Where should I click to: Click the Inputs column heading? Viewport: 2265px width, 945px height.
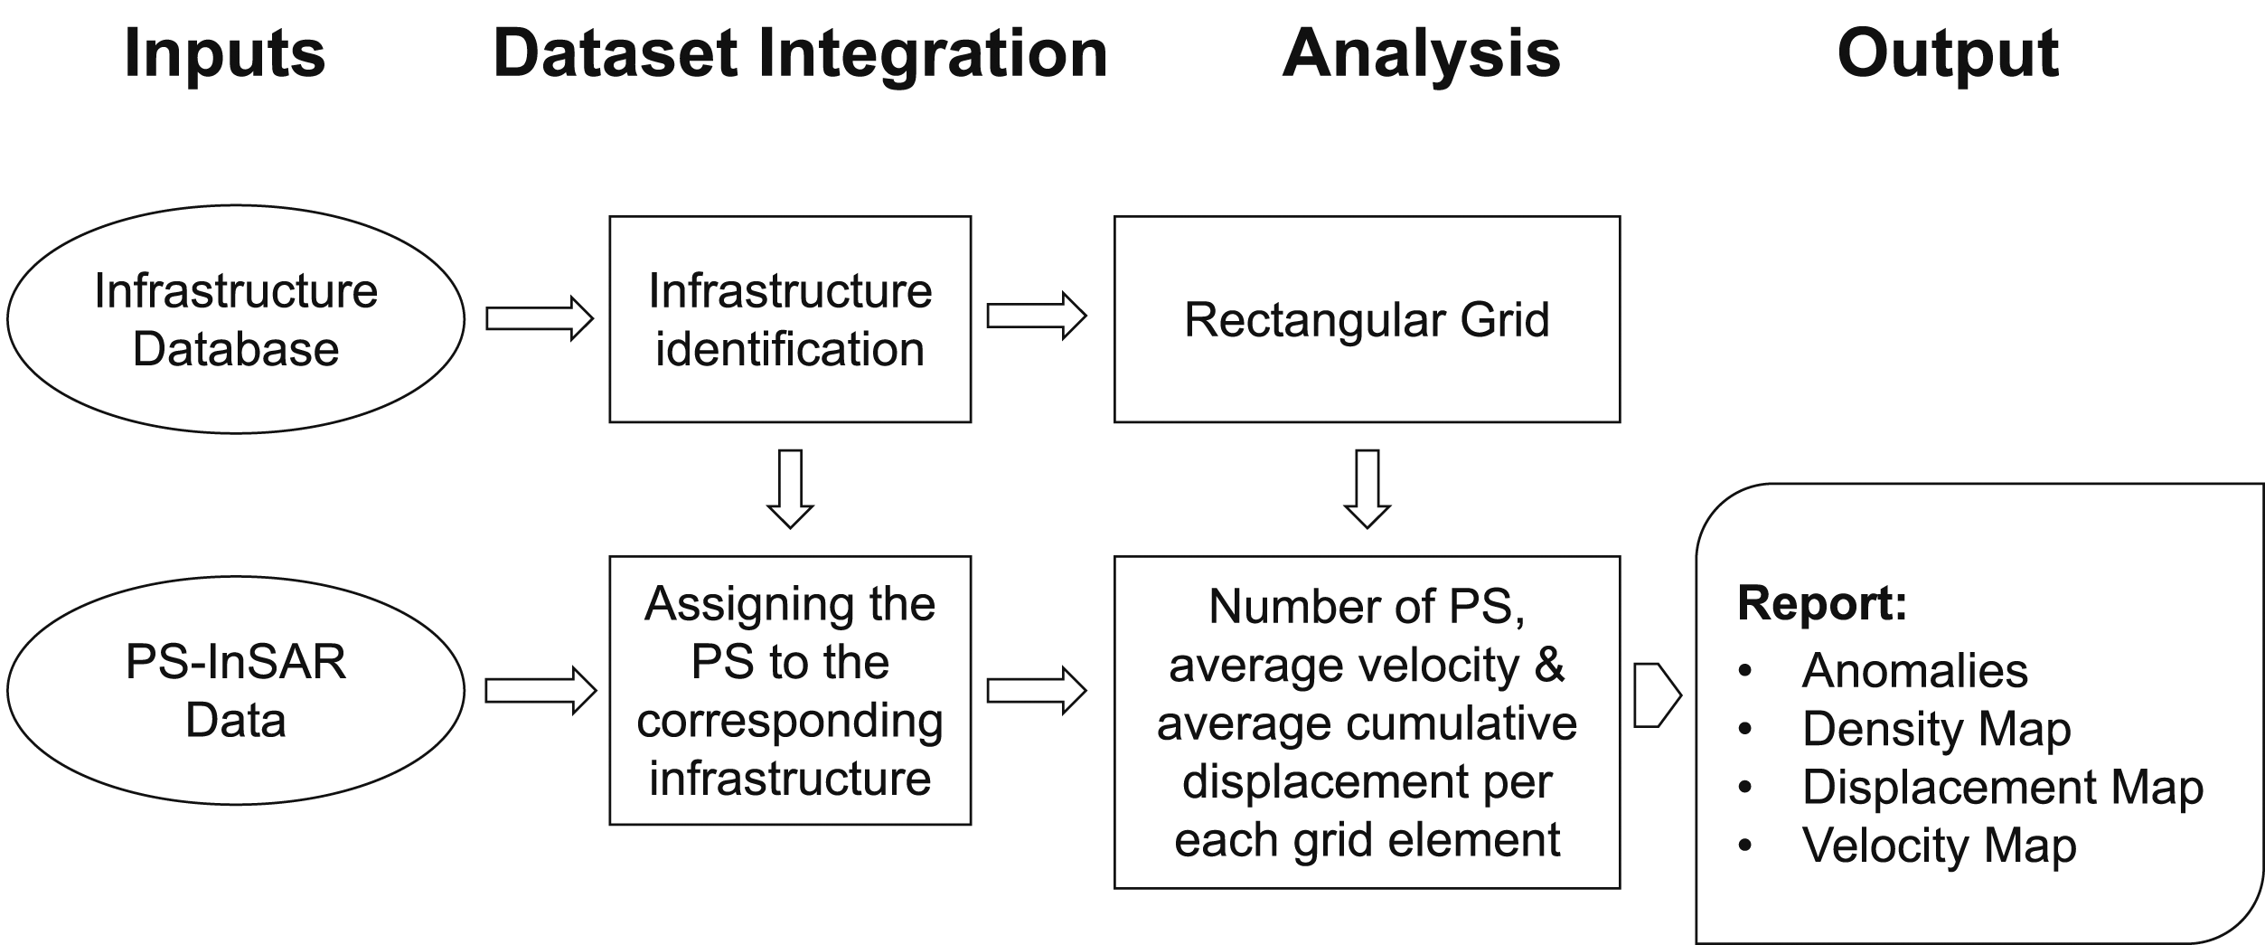tap(224, 54)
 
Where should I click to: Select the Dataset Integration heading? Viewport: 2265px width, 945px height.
tap(800, 54)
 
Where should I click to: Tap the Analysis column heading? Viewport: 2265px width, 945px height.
tap(1421, 54)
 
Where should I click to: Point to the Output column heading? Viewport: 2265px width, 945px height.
tap(1948, 54)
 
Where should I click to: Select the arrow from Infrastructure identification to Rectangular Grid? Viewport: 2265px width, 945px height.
tap(1037, 316)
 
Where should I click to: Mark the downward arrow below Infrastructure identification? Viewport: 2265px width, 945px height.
tap(791, 489)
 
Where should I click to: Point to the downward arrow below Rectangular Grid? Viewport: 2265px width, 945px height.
tap(1367, 489)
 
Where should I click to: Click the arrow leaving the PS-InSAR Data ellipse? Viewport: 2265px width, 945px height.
tap(541, 691)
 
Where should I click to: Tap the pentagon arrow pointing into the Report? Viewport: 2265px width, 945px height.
tap(1658, 695)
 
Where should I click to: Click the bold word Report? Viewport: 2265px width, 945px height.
tap(1822, 603)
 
